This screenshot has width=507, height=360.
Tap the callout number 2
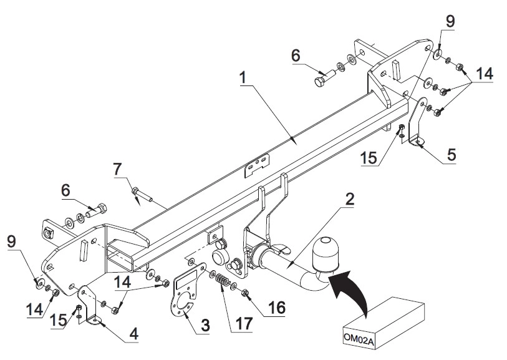tap(349, 200)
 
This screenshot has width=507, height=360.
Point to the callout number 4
tap(134, 333)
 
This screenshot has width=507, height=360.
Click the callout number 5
tap(451, 155)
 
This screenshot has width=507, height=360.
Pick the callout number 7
tap(118, 170)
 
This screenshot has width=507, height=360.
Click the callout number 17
tap(243, 323)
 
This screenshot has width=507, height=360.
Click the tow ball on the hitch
tap(326, 252)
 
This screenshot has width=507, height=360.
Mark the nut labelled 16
tap(245, 293)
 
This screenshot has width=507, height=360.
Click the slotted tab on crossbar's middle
tap(257, 165)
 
